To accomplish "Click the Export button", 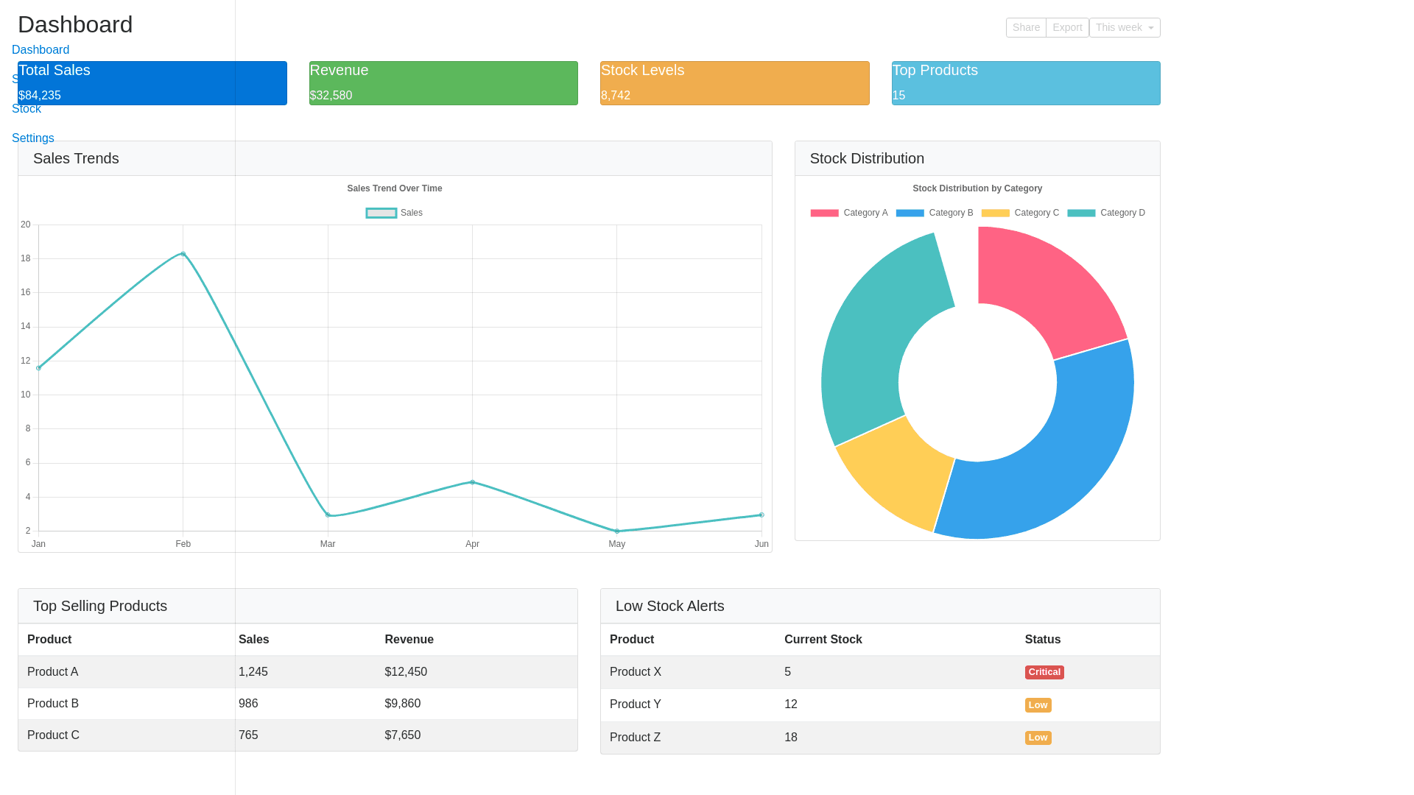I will click(1067, 27).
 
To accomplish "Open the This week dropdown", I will click(1125, 27).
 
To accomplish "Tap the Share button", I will click(1026, 27).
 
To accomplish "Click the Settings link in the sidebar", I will click(33, 138).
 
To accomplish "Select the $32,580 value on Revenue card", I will click(331, 96).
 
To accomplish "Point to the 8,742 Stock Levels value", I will click(616, 96).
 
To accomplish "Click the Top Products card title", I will click(935, 70).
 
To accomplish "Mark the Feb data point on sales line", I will click(183, 254).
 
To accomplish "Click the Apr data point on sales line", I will click(472, 482).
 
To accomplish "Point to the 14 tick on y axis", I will click(26, 326).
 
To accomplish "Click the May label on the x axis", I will click(616, 544).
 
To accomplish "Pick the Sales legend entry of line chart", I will click(395, 213).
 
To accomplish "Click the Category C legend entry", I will click(1021, 213).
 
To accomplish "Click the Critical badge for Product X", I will click(1044, 672).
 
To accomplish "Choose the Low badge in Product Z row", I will click(1038, 738).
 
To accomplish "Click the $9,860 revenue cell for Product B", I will click(402, 704).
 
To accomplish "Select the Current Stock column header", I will click(823, 640).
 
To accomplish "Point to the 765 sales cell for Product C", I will click(248, 735).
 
